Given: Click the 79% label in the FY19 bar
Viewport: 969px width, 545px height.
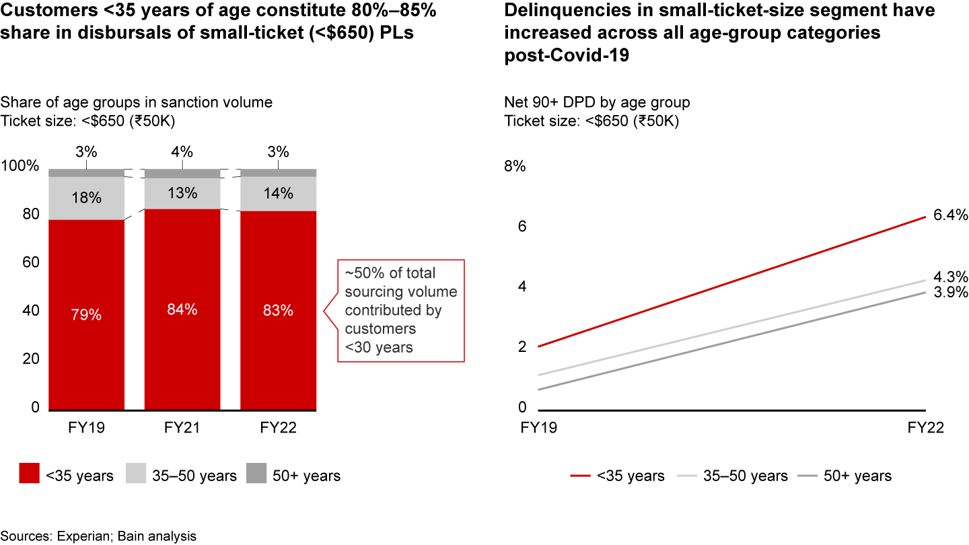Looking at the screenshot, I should [86, 314].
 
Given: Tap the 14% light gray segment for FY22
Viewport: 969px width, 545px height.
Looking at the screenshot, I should [278, 194].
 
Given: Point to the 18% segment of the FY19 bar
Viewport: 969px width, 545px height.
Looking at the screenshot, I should [86, 198].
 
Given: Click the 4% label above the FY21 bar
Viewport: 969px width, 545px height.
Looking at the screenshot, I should [182, 151].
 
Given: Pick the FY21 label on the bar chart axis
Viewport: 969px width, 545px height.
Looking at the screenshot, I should [182, 429].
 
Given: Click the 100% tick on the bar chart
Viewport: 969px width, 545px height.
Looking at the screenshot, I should [22, 166].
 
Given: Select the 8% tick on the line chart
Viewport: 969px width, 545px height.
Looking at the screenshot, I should [515, 166].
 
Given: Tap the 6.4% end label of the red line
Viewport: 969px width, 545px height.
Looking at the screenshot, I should [950, 216].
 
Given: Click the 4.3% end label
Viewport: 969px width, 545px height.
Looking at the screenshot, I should [950, 277].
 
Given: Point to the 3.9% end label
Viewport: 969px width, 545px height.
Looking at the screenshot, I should [950, 292].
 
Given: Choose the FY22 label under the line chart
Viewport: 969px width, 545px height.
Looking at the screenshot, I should [927, 429].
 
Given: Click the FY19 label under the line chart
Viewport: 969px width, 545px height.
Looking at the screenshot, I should [539, 429].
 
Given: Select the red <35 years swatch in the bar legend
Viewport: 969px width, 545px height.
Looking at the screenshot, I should [29, 475].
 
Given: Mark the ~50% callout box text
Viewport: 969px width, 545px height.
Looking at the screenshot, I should [400, 310].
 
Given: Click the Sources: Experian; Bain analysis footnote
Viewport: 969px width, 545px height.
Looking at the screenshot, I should [98, 536].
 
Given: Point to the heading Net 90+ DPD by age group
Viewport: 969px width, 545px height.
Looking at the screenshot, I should [597, 103].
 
